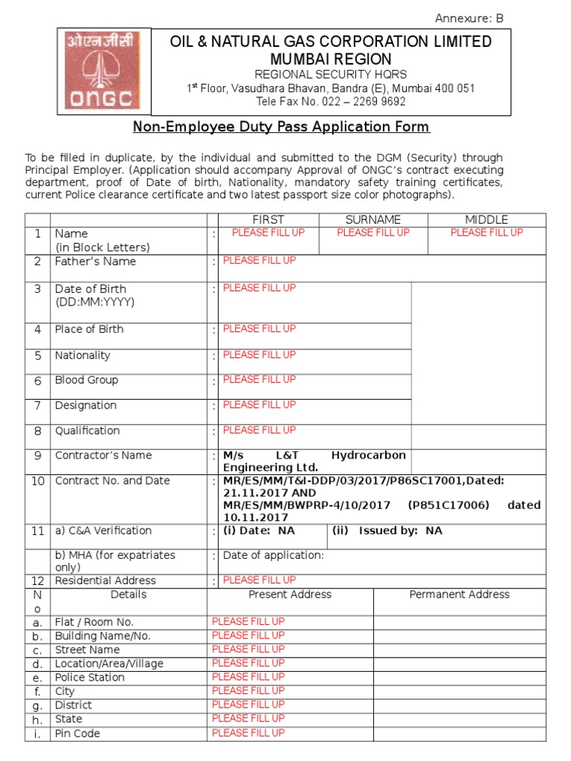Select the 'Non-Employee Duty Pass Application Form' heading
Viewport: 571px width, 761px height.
[281, 127]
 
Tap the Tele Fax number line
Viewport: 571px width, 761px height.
[331, 102]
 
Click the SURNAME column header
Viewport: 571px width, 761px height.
[372, 219]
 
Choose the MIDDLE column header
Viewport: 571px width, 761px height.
[486, 219]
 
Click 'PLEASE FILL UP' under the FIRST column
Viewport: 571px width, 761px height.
[268, 233]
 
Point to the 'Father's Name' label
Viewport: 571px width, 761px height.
[95, 262]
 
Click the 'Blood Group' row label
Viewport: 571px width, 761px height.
[86, 380]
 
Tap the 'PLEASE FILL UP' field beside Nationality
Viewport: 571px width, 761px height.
[259, 354]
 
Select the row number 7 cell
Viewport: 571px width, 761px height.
[37, 406]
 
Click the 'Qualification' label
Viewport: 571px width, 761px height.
[87, 431]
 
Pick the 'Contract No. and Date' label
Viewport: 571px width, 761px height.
[112, 481]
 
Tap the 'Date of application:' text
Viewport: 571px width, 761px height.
[274, 555]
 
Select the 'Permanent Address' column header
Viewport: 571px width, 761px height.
[459, 595]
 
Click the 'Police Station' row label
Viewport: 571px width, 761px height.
[90, 678]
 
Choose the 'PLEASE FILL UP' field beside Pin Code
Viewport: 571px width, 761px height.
[248, 733]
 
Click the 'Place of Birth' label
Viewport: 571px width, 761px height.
[89, 329]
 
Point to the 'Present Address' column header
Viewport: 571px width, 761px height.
[290, 595]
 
